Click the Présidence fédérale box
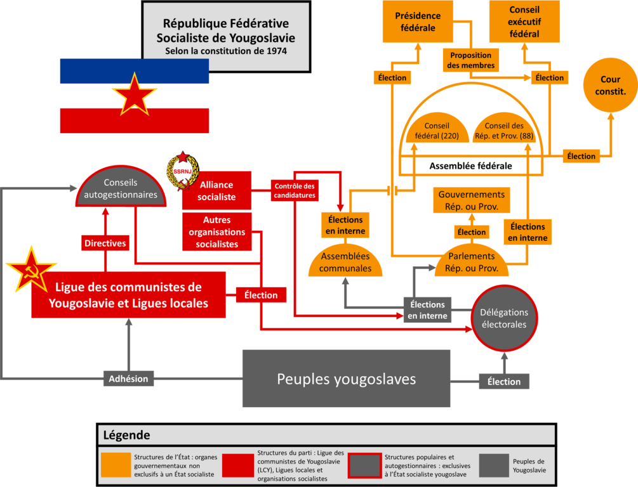[x=418, y=22]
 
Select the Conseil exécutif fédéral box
[x=524, y=22]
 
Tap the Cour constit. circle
[x=610, y=85]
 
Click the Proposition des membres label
[x=471, y=60]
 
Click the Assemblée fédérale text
[x=471, y=166]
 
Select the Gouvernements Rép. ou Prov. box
[x=472, y=200]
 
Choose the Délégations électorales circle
[x=504, y=318]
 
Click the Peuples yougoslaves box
[x=346, y=379]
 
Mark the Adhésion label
[x=129, y=379]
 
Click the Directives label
[x=105, y=243]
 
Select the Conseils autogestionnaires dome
[x=121, y=188]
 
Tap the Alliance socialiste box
[x=216, y=191]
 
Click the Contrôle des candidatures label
[x=295, y=191]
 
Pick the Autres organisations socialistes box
[x=217, y=231]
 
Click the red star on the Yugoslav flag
[x=135, y=94]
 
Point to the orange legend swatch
[x=116, y=465]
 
